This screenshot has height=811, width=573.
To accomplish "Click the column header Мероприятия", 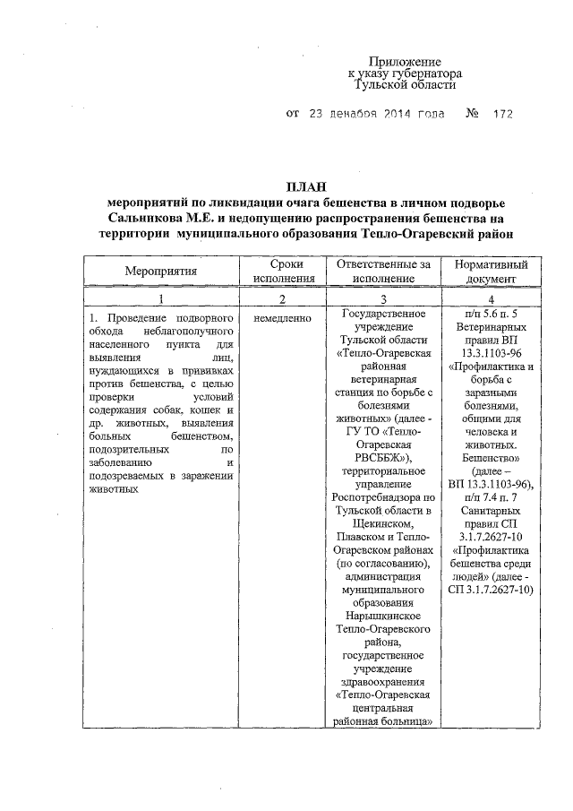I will point(161,272).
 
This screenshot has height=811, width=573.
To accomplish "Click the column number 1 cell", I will point(161,299).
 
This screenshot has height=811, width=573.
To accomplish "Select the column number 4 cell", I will point(491,299).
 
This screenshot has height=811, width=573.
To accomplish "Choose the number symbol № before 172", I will point(471,115).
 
